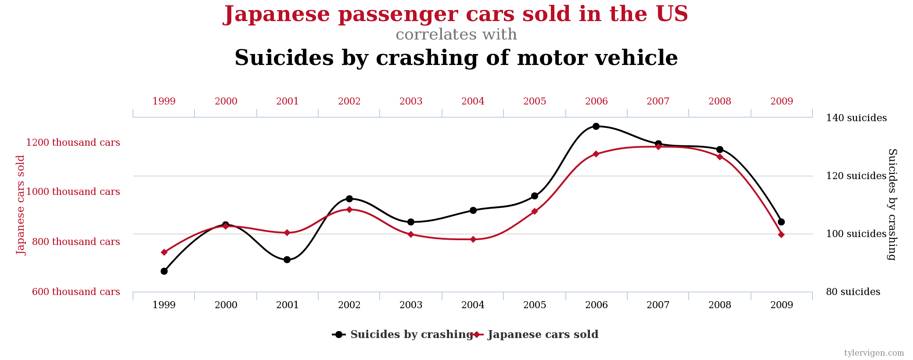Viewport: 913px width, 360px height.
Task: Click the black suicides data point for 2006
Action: (x=596, y=126)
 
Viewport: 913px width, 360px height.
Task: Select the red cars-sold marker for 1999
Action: (x=164, y=252)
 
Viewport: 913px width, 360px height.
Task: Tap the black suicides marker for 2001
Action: (x=287, y=260)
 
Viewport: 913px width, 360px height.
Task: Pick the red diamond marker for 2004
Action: (x=473, y=239)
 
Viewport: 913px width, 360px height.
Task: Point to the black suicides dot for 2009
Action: (x=781, y=222)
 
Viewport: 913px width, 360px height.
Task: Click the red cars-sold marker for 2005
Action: (x=535, y=212)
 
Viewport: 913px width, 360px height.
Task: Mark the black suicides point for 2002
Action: (x=349, y=199)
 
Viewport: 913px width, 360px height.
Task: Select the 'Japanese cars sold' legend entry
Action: (x=543, y=335)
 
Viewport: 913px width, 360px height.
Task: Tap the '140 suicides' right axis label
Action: (x=856, y=118)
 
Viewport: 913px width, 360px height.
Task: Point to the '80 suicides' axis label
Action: (x=853, y=292)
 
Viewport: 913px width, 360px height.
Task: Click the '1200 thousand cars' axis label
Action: (x=73, y=143)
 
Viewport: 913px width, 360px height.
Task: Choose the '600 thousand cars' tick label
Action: (x=76, y=292)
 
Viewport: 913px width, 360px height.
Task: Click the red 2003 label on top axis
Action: (x=411, y=101)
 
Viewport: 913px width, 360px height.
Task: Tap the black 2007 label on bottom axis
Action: (x=658, y=305)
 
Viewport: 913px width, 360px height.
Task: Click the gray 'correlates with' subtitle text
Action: (x=456, y=35)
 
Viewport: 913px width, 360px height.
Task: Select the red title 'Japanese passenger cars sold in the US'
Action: (x=456, y=14)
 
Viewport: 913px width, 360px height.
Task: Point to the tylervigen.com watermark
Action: (x=874, y=353)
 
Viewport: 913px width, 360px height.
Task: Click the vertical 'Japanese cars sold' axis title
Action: (x=21, y=205)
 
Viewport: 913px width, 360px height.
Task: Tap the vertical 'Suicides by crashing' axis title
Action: (x=892, y=205)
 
